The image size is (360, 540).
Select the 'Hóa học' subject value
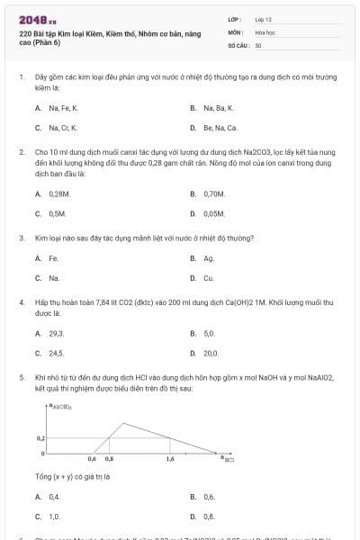pyautogui.click(x=264, y=31)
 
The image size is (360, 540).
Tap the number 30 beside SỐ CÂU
pyautogui.click(x=258, y=44)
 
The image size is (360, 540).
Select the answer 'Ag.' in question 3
pyautogui.click(x=209, y=258)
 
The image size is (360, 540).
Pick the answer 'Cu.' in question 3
pyautogui.click(x=209, y=278)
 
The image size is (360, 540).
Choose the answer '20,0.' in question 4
pyautogui.click(x=211, y=354)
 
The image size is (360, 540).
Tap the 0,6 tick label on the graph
pyautogui.click(x=92, y=459)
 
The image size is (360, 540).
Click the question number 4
pyautogui.click(x=21, y=303)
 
